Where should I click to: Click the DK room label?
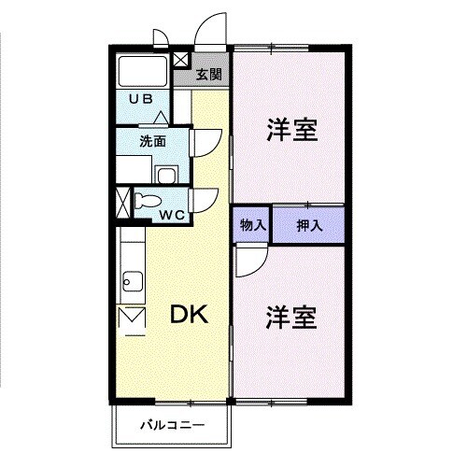[189, 315]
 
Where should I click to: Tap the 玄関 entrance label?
[209, 75]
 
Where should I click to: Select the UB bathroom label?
[141, 99]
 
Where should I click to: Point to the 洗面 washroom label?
[152, 141]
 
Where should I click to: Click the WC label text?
[173, 215]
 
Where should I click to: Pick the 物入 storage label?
[253, 225]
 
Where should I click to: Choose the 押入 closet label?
[309, 225]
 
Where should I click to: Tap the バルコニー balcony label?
[173, 425]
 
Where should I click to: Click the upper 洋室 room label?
[292, 130]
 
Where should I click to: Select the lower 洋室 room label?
[291, 318]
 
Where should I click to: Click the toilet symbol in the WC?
[148, 200]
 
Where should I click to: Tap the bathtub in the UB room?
[143, 71]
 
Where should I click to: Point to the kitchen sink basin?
[133, 281]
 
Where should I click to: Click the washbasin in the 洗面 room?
[166, 175]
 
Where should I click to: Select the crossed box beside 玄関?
[180, 60]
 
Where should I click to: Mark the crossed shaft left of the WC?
[122, 203]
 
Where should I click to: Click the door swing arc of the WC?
[212, 204]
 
